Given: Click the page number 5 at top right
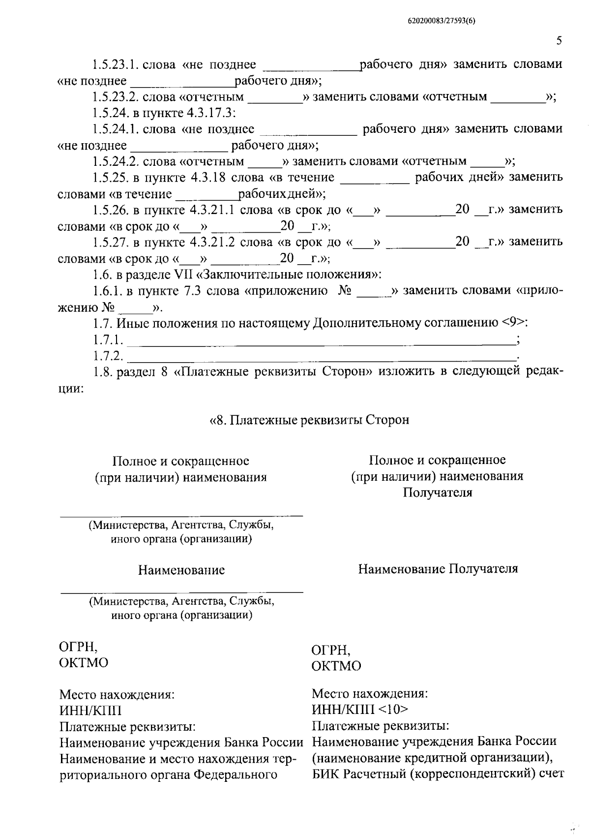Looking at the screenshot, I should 559,41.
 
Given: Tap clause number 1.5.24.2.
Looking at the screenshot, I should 116,162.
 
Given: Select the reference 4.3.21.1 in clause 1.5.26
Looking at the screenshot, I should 214,210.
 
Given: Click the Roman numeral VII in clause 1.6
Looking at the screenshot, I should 184,275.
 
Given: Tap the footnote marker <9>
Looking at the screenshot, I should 514,323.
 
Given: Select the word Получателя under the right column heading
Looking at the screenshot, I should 437,493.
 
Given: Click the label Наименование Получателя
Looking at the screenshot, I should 438,569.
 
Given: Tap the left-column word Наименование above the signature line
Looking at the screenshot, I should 181,570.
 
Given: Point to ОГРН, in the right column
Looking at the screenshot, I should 331,650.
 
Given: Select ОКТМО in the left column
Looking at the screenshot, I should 83,663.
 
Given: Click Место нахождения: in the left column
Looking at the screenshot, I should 117,695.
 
